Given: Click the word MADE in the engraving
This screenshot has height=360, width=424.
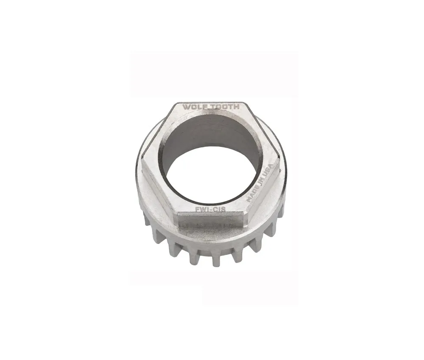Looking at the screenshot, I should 254,194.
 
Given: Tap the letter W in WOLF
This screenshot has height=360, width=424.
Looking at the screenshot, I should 186,107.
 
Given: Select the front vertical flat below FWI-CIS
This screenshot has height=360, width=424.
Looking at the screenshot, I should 210,220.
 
